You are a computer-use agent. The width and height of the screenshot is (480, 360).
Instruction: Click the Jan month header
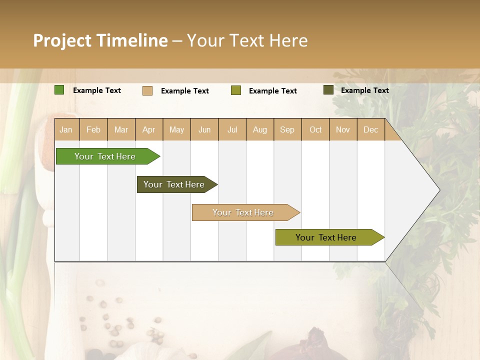coord(66,129)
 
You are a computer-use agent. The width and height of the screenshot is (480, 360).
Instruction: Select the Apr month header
coord(149,129)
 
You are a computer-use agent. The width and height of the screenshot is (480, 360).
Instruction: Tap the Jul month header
coord(232,129)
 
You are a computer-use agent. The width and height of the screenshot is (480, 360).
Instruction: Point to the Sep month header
coord(287,129)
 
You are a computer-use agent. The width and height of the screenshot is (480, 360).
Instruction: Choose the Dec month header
coord(370,129)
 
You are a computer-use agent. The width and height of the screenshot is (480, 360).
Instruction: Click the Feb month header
coord(93,129)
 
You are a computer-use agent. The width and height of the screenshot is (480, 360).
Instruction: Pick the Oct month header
coord(315,129)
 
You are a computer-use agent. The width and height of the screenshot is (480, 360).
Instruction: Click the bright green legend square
coord(59,90)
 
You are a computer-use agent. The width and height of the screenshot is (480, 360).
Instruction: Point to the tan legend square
coord(147,90)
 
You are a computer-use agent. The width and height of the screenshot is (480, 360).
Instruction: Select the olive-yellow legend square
coord(236,90)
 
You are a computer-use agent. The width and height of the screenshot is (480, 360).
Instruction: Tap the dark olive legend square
coord(328,90)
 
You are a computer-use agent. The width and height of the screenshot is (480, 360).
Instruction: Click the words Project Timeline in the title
coord(100,40)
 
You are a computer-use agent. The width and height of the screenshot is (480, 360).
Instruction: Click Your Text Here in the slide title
coord(247,40)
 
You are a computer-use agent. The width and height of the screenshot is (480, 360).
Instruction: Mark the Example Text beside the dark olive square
coord(364,90)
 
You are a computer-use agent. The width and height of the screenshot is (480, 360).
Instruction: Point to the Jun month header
coord(204,129)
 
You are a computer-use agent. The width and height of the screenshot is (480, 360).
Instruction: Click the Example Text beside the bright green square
coord(97,90)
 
